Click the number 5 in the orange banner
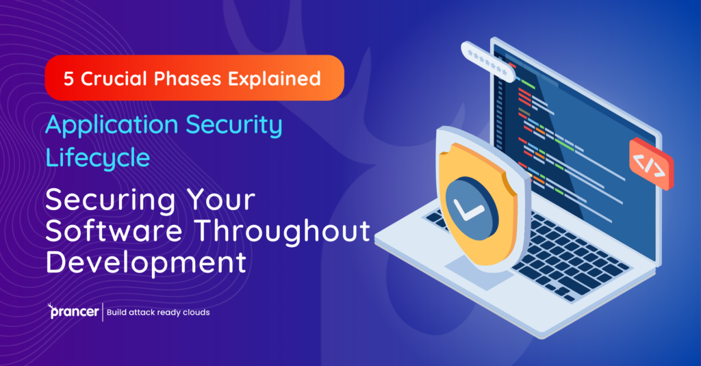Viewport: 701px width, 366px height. [68, 79]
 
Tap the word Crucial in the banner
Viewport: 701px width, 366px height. [114, 79]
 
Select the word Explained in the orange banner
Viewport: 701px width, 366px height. [274, 79]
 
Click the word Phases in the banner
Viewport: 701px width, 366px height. [188, 79]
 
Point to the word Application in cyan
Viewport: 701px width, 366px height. [112, 127]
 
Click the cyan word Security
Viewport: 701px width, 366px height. [234, 127]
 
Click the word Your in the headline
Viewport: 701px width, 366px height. [221, 200]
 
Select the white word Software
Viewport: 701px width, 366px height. [114, 231]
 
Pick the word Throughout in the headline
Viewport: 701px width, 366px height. [283, 233]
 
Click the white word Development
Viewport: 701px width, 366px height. [146, 263]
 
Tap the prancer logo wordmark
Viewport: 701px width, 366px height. [74, 313]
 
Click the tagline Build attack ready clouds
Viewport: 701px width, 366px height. [158, 313]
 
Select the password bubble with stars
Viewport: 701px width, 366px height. [487, 62]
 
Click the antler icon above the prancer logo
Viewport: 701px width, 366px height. [51, 306]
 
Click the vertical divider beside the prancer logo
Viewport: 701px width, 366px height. [103, 312]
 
